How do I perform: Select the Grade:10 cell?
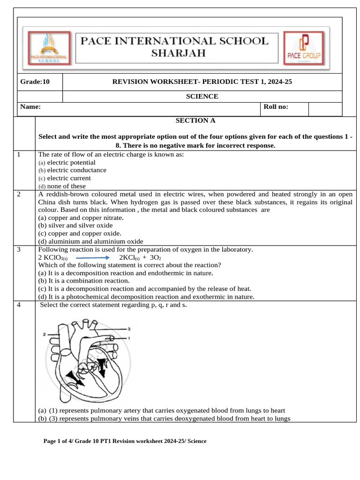pos(35,82)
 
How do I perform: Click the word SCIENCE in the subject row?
pos(202,97)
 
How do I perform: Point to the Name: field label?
pos(30,107)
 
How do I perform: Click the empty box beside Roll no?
pos(325,109)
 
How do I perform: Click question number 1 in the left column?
pos(18,154)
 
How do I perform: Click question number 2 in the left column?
pos(18,194)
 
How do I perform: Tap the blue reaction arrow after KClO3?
pos(92,257)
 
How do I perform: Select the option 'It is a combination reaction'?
pos(84,281)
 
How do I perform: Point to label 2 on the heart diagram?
pos(44,334)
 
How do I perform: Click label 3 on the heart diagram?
pos(129,329)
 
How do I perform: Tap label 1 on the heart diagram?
pos(129,337)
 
